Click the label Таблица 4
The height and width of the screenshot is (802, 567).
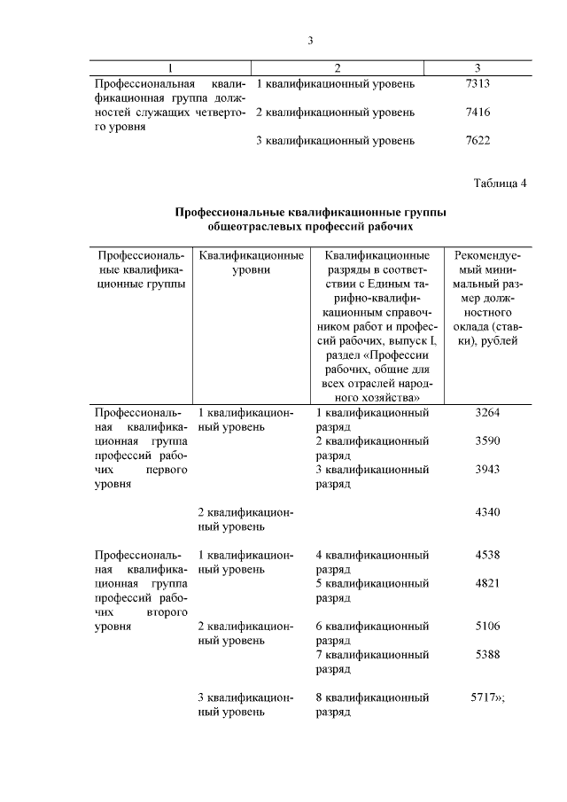point(501,183)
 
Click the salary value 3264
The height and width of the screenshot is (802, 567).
point(487,412)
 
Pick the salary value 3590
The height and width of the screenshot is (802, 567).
point(487,440)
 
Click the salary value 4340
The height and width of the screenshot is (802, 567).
point(487,512)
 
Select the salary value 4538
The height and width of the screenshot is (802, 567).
point(487,555)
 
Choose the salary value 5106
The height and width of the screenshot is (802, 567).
point(487,626)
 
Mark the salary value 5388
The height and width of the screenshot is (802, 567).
point(487,654)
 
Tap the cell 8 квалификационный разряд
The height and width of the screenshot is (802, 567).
point(372,704)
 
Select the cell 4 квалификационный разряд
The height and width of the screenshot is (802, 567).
point(372,562)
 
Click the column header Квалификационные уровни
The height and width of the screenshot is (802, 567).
point(245,262)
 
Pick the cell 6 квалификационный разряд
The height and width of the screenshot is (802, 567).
point(372,633)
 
